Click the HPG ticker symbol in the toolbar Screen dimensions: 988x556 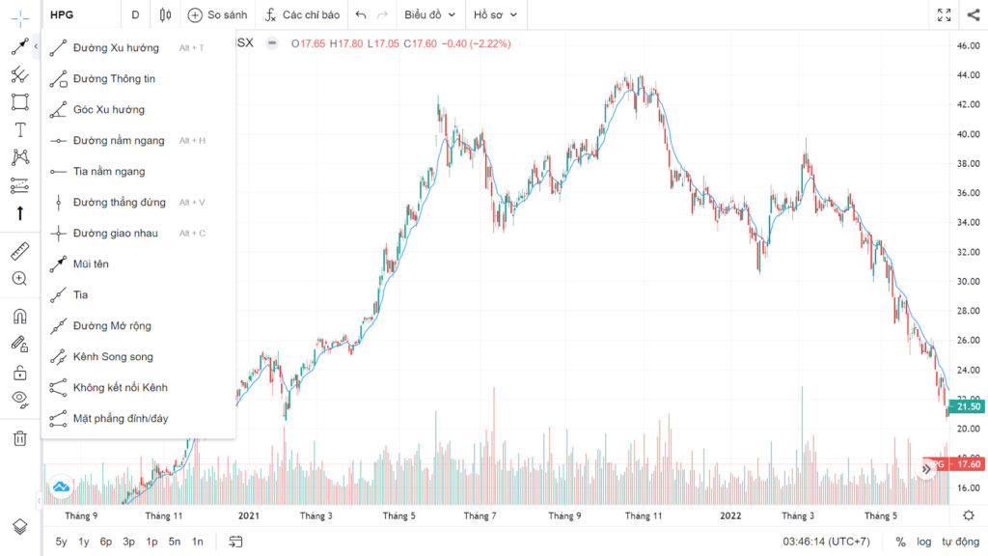[x=62, y=14]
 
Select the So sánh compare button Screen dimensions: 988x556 [x=217, y=14]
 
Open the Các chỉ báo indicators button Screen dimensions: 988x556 [x=302, y=14]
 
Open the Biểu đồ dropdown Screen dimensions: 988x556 [x=429, y=14]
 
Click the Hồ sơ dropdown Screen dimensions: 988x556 [x=495, y=14]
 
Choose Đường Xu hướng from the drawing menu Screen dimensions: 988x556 [x=116, y=48]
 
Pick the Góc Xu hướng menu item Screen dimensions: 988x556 [x=108, y=110]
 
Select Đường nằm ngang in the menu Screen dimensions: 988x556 [x=119, y=141]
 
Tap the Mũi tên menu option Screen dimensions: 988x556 [x=91, y=264]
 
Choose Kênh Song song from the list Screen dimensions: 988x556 [x=113, y=357]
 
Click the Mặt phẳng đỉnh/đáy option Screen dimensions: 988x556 [x=121, y=419]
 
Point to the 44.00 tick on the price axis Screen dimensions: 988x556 [x=968, y=75]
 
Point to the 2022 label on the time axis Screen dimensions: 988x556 [x=731, y=515]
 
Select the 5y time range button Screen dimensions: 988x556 [x=61, y=542]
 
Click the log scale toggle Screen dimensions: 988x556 [x=923, y=542]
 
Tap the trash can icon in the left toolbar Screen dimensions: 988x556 [x=20, y=438]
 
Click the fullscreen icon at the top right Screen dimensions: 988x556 [x=944, y=14]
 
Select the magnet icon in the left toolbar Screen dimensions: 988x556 [x=20, y=316]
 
